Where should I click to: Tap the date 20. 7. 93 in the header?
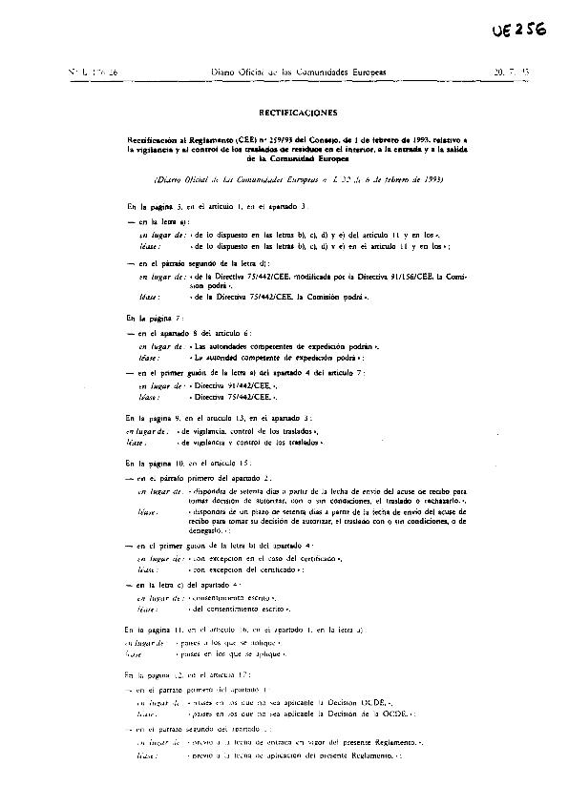[511, 72]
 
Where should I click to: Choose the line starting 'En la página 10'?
[200, 461]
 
